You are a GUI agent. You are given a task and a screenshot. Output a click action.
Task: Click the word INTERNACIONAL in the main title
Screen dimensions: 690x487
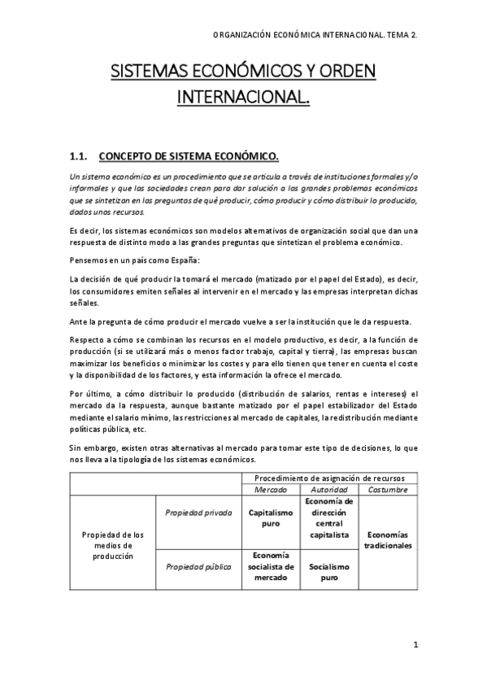(243, 98)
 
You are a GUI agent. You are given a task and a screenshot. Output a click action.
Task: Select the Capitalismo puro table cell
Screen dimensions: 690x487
(271, 518)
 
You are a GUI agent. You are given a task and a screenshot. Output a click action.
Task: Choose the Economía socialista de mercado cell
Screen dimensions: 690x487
(271, 566)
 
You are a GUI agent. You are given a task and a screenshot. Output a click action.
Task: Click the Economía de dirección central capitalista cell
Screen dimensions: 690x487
(329, 518)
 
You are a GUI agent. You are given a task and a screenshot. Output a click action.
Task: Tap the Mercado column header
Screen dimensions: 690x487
(271, 491)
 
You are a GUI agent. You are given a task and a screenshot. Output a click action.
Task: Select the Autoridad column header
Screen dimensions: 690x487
(329, 491)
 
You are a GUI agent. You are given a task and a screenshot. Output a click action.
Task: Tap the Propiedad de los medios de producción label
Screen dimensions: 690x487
(112, 544)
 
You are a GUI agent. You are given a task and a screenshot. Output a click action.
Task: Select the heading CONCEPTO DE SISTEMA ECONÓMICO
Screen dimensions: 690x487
(189, 155)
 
